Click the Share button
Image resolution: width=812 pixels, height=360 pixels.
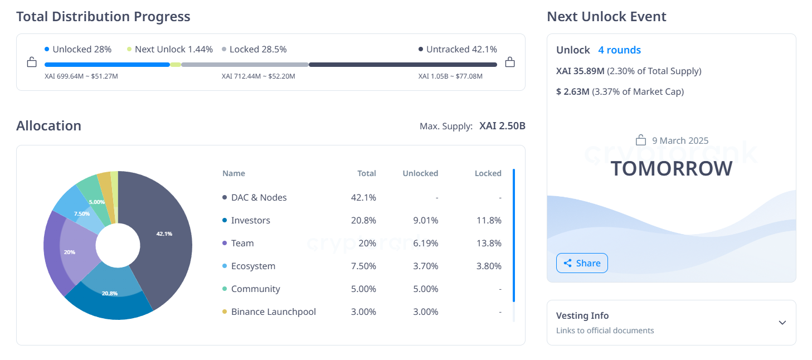point(582,263)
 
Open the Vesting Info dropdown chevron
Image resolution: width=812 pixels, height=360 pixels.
point(782,323)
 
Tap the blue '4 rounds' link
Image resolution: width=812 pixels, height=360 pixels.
point(619,50)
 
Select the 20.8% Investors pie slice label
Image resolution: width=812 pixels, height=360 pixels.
point(110,293)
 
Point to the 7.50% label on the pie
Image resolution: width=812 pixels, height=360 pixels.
point(82,214)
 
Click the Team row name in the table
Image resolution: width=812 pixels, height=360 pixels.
point(242,244)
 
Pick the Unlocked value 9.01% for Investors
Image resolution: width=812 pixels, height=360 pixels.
point(425,221)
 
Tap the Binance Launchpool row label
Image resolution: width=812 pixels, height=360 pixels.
point(273,312)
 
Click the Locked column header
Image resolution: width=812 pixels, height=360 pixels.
point(488,173)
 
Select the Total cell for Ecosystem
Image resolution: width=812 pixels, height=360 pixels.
point(363,266)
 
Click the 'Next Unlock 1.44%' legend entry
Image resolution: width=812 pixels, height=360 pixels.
point(173,50)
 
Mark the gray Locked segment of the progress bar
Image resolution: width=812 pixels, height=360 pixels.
point(245,65)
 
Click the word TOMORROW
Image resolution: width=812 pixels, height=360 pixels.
point(671,168)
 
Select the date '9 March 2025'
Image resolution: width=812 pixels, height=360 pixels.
point(680,140)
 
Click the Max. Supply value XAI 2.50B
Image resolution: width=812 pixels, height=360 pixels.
point(502,126)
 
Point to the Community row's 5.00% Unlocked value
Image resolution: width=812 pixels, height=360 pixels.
point(425,289)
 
